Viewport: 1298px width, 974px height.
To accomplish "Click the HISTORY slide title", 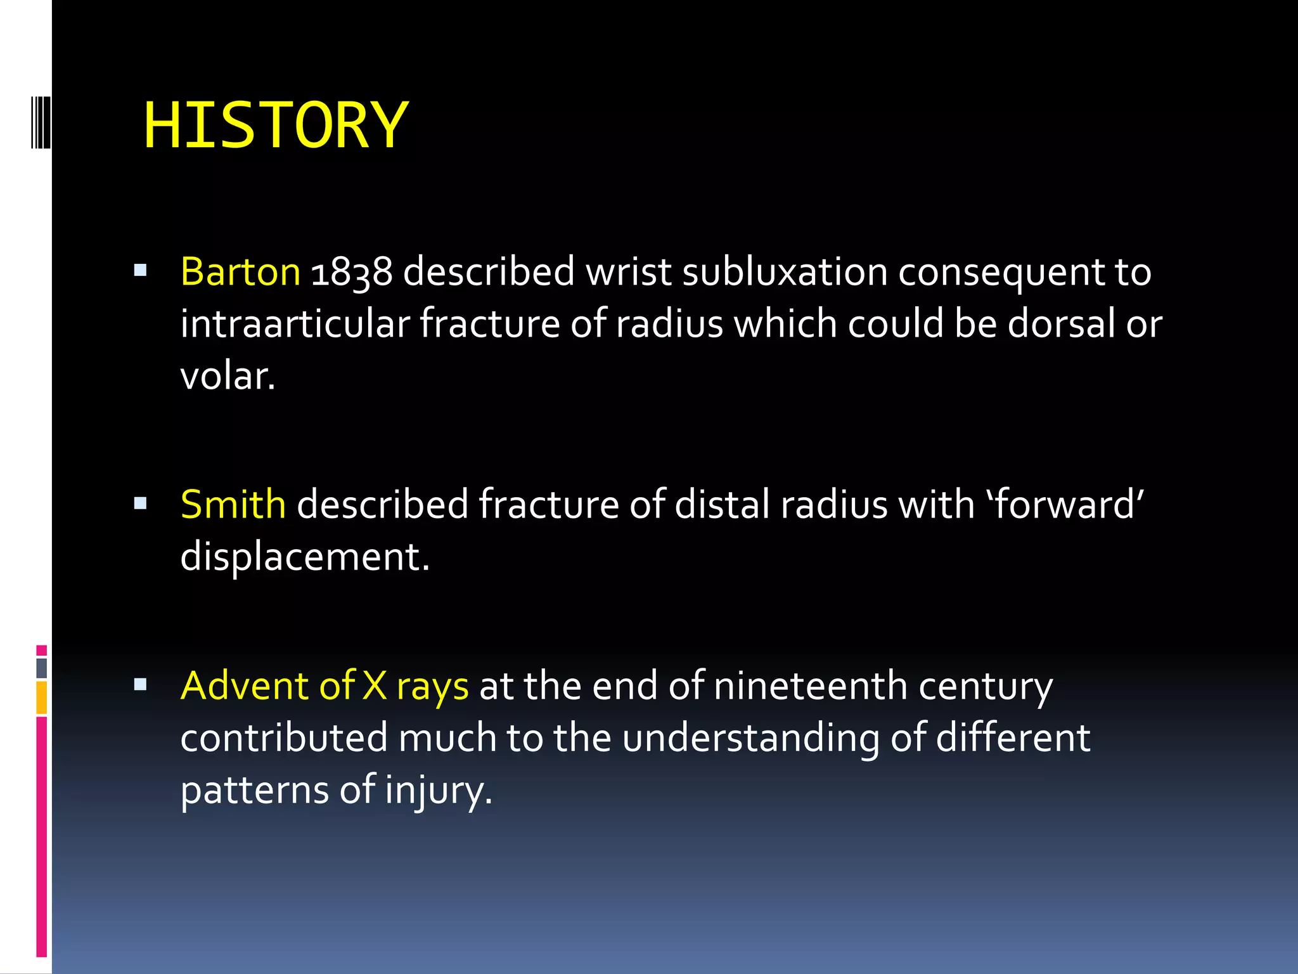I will (x=275, y=126).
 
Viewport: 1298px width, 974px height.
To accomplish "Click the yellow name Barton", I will (x=240, y=271).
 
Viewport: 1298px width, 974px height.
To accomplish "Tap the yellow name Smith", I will (x=233, y=504).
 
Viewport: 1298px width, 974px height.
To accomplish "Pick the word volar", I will (x=227, y=376).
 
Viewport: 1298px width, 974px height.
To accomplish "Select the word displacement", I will (x=304, y=557).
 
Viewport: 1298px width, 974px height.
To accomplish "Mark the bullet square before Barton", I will (x=141, y=271).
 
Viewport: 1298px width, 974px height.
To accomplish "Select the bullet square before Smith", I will (x=141, y=504).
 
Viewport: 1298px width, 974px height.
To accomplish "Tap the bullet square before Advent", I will (x=141, y=685).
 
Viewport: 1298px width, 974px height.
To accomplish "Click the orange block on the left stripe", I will (x=42, y=698).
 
